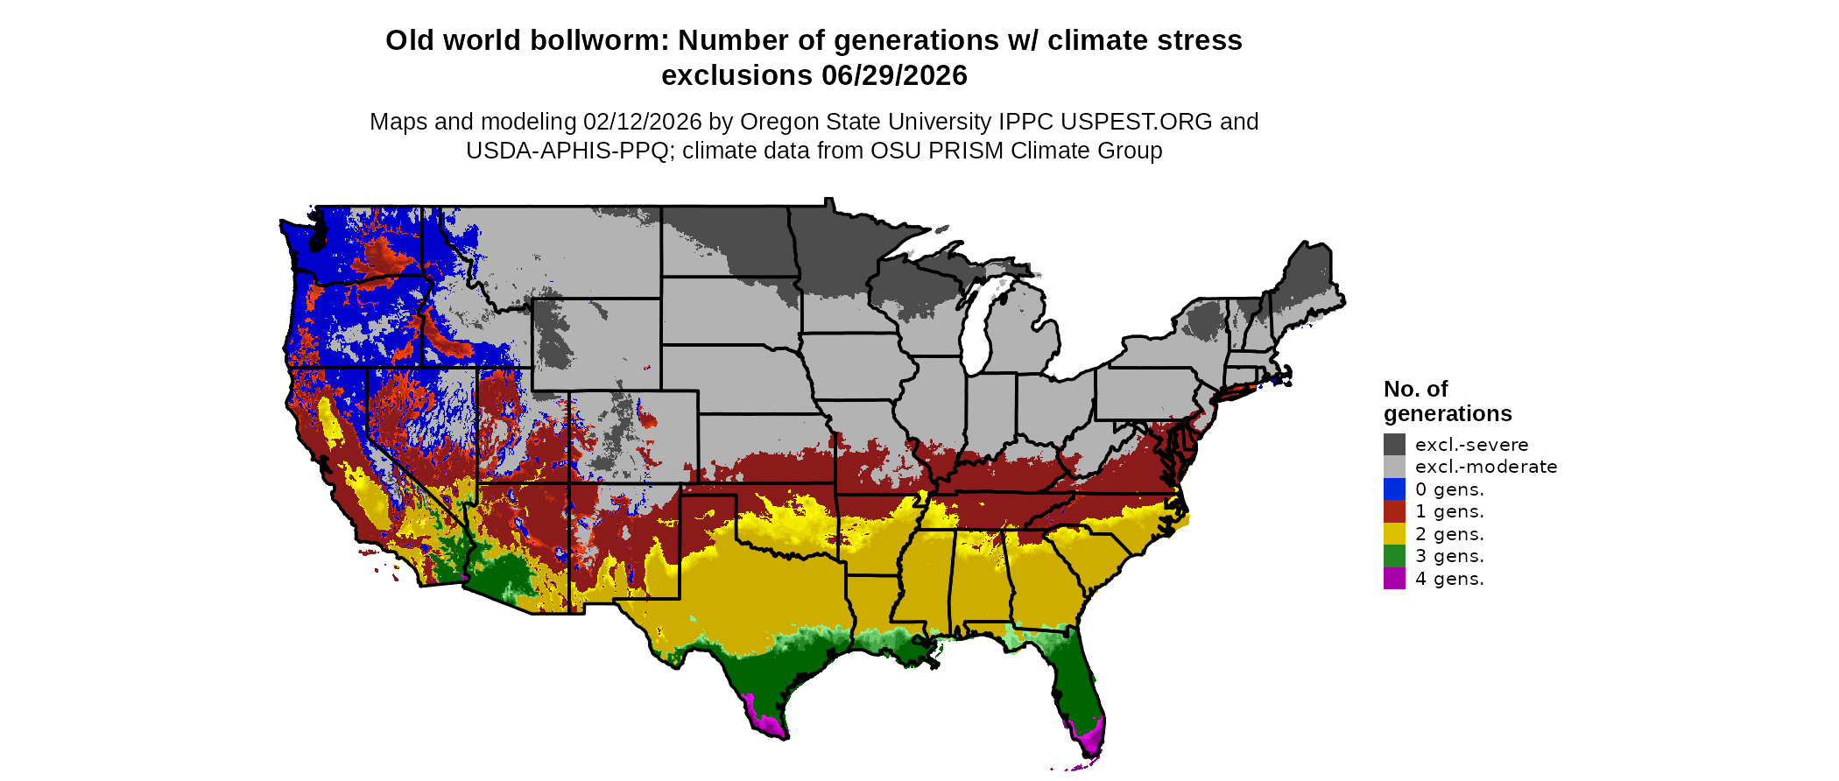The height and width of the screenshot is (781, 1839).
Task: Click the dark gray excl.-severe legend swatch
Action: pyautogui.click(x=1394, y=444)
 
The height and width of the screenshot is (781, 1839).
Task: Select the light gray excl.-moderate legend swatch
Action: pyautogui.click(x=1394, y=467)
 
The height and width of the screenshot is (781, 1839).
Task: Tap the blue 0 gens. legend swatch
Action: pyautogui.click(x=1394, y=489)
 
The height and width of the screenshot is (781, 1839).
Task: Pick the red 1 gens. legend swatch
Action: pyautogui.click(x=1394, y=511)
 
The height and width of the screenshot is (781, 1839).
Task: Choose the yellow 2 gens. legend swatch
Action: pyautogui.click(x=1394, y=534)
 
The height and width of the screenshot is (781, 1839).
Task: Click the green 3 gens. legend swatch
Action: pyautogui.click(x=1394, y=556)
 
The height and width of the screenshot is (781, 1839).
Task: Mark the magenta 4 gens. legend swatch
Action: pyautogui.click(x=1394, y=579)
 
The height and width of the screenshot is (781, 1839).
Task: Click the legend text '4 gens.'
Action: pyautogui.click(x=1449, y=579)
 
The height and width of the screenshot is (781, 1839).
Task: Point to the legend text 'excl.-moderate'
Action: pyautogui.click(x=1486, y=467)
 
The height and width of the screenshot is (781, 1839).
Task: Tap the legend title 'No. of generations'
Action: pyautogui.click(x=1447, y=401)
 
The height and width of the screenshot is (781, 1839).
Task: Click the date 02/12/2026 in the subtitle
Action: pyautogui.click(x=643, y=122)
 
